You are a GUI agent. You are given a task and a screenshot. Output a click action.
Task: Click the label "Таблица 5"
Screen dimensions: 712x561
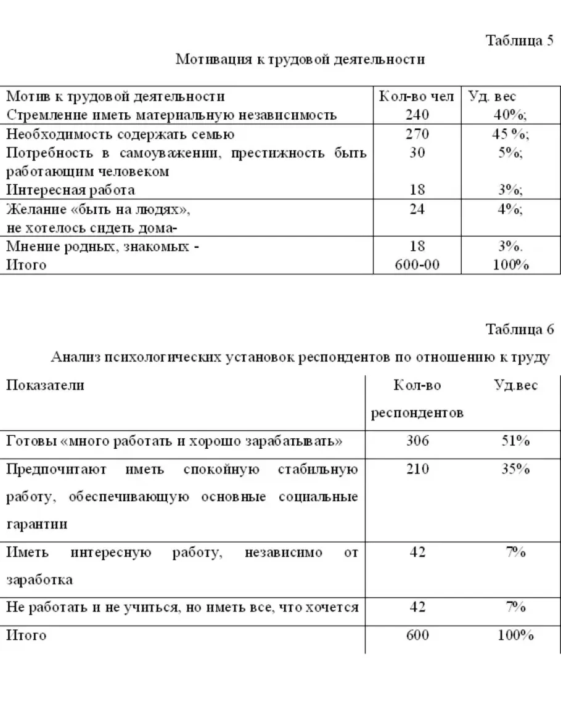coord(520,41)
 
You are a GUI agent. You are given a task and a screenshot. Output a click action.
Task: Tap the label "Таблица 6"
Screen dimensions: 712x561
coord(520,329)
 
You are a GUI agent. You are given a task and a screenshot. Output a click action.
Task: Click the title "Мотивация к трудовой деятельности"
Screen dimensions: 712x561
coord(300,59)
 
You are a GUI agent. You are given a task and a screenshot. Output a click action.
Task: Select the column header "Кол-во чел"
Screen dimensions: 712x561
coord(417,97)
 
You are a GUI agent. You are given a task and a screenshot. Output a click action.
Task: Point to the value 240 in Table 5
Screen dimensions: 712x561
coord(417,115)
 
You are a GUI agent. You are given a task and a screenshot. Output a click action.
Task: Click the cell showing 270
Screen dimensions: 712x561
coord(417,134)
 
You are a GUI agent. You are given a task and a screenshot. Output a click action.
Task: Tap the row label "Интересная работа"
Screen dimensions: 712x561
coord(70,190)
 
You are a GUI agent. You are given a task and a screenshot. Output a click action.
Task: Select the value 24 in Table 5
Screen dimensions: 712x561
coord(417,209)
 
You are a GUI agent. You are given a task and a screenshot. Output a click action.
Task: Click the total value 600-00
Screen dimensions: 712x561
coord(417,265)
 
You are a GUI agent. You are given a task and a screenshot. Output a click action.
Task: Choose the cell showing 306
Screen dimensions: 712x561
coord(417,441)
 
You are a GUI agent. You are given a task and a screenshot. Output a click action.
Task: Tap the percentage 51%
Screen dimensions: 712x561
coord(515,441)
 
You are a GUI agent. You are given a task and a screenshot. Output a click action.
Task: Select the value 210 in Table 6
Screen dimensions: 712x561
coord(417,469)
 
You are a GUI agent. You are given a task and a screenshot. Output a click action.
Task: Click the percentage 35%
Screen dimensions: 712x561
coord(515,469)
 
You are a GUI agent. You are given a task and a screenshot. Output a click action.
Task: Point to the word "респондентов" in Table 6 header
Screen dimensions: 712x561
coord(417,413)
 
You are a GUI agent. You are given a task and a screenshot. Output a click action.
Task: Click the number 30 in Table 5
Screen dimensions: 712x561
coord(417,153)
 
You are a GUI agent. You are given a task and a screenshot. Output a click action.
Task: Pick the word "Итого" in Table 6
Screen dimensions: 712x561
coord(26,635)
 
